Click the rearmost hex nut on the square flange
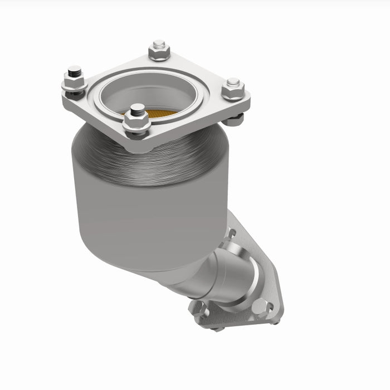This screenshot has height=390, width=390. point(159,52)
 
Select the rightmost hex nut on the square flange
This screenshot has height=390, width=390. point(233,90)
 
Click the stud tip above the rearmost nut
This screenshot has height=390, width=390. point(159,43)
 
